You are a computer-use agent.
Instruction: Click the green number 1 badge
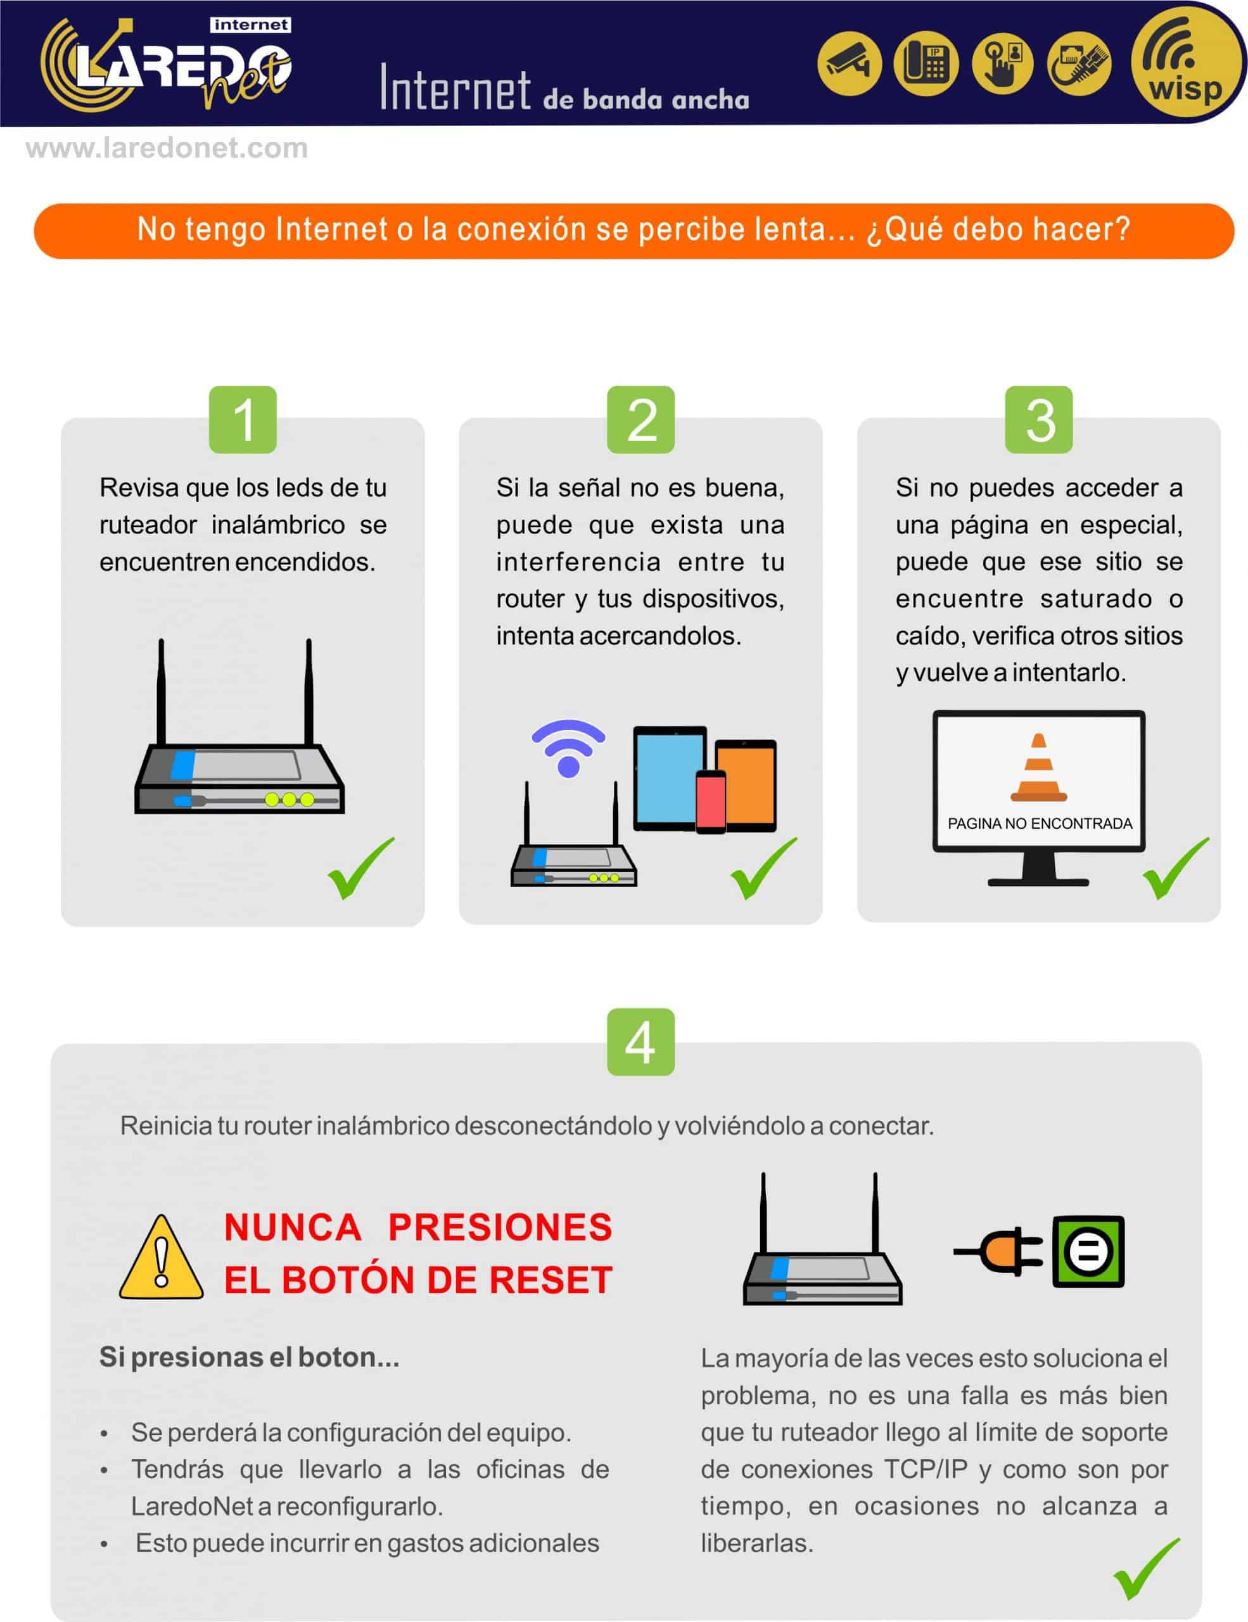(x=243, y=419)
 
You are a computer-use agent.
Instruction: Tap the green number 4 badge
(x=640, y=1041)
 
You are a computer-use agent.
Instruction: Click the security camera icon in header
(x=850, y=63)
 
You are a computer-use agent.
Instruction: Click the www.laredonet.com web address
(x=167, y=148)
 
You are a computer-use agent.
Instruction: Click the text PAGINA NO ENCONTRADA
(x=1040, y=824)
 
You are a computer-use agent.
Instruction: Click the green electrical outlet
(x=1088, y=1251)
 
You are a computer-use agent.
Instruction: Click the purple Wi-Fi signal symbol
(x=569, y=747)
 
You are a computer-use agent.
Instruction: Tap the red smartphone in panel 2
(x=711, y=801)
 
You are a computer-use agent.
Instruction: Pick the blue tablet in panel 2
(x=669, y=778)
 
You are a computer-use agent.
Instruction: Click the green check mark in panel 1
(x=361, y=868)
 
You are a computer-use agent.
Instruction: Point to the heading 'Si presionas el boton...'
(x=250, y=1358)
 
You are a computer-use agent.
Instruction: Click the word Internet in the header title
(x=455, y=89)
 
